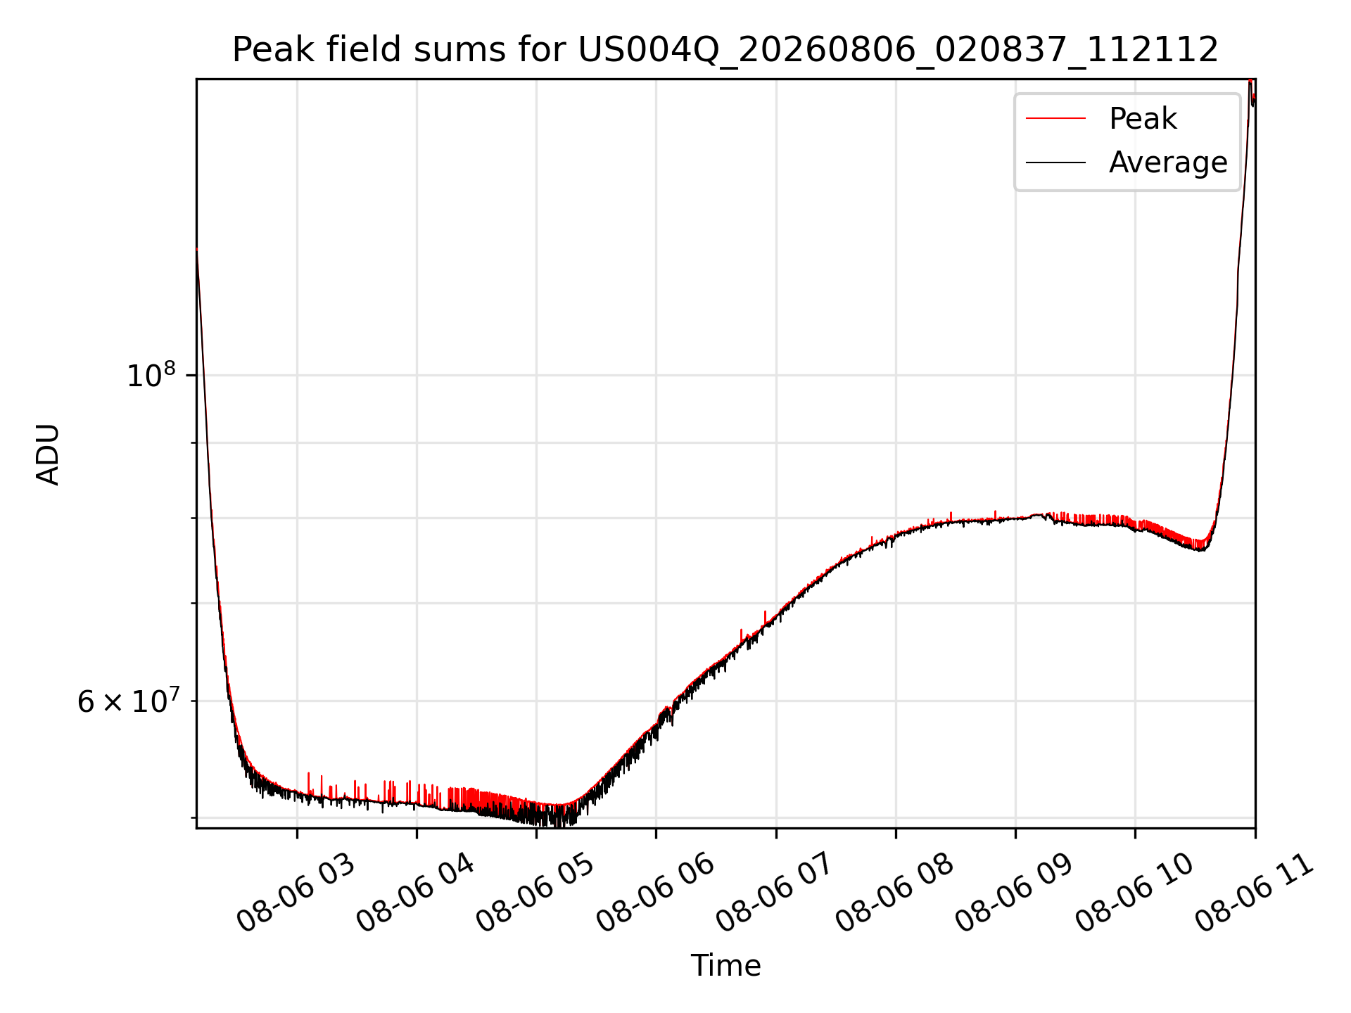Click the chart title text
(725, 50)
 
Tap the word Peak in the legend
(1143, 119)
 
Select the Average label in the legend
(1168, 163)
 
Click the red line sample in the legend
(1055, 119)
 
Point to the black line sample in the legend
(1055, 163)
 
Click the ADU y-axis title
(48, 454)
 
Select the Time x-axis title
(725, 965)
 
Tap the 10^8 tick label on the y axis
(151, 375)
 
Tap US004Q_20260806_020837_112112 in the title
(899, 50)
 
